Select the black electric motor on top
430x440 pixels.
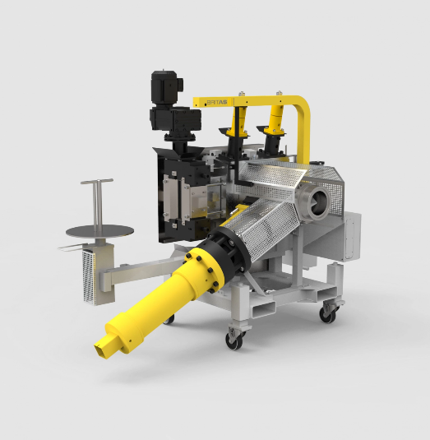[x=167, y=86]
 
